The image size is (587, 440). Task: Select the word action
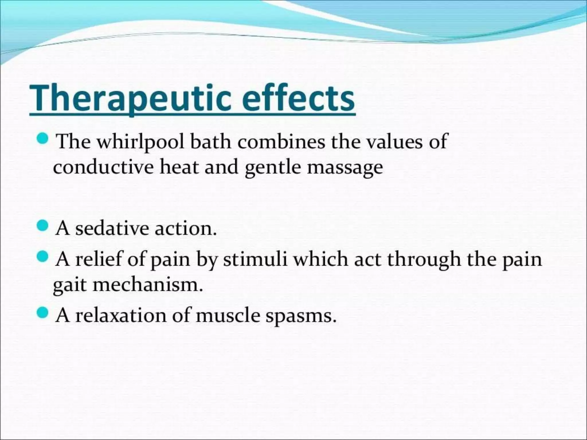coord(185,228)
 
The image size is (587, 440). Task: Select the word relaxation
coord(121,315)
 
